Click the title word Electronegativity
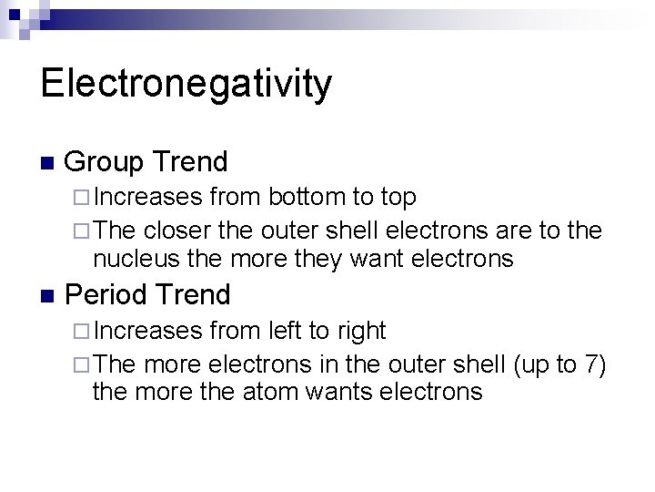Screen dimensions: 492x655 point(186,85)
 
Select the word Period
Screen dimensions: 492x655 point(108,295)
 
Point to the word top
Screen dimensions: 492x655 point(398,197)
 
